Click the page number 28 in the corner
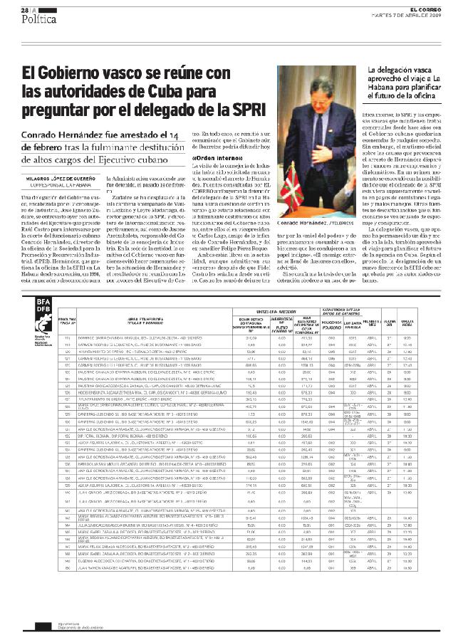click(x=24, y=10)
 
